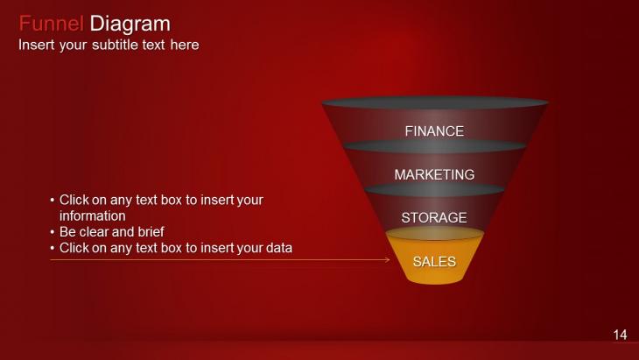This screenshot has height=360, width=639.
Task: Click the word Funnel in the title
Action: click(52, 24)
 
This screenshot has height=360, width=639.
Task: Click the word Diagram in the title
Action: click(130, 24)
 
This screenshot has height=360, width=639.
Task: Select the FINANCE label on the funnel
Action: click(434, 131)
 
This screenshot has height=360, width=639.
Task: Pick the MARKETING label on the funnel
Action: click(434, 174)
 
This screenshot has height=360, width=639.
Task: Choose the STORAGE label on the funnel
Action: click(434, 218)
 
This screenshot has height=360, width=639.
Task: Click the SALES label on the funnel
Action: click(434, 261)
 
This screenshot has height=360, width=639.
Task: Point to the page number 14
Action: click(621, 335)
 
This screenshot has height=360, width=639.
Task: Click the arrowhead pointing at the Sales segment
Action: click(388, 259)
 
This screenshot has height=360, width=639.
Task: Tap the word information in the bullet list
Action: click(93, 215)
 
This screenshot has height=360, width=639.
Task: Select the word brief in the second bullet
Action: click(151, 231)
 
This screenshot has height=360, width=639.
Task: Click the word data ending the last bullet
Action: click(279, 248)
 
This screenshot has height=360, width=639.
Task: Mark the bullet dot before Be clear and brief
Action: click(53, 232)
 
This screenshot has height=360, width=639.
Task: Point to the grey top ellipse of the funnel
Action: click(435, 102)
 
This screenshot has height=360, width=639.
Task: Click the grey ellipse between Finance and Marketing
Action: click(435, 147)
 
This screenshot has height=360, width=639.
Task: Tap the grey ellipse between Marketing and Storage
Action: click(434, 189)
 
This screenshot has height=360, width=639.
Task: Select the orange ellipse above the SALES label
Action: click(435, 234)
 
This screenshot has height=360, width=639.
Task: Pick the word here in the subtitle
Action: click(185, 45)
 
